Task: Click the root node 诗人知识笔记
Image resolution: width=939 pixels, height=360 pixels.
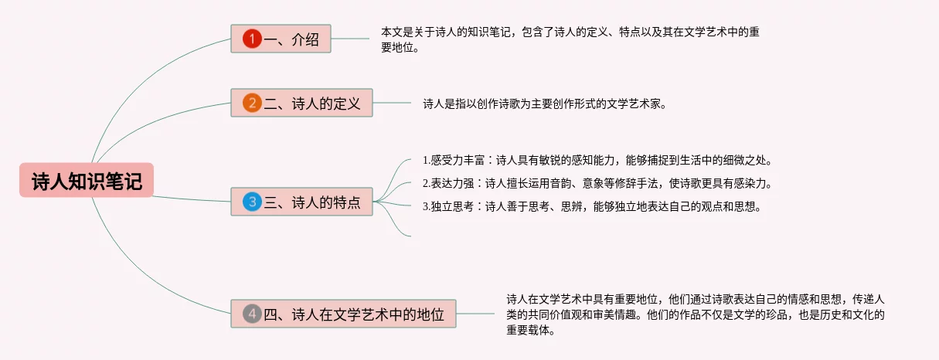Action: point(87,181)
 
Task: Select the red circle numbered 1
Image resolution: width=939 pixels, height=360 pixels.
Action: point(252,39)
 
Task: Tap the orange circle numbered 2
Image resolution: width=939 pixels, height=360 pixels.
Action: point(252,103)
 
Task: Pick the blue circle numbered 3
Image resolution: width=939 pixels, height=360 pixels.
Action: point(252,202)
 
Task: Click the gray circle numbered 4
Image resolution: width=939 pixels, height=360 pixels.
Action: point(252,314)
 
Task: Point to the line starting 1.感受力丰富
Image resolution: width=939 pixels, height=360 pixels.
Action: point(597,161)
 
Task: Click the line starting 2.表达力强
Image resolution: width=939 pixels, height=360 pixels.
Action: point(597,183)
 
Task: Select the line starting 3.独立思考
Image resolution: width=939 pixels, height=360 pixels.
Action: point(592,206)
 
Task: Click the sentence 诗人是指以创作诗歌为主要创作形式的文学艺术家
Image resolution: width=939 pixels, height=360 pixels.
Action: point(543,103)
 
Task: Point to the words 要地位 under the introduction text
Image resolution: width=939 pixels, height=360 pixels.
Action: point(400,47)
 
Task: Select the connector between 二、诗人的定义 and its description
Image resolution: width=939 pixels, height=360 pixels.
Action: point(392,103)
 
